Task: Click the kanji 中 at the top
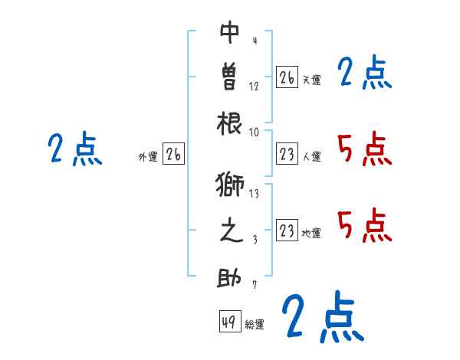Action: [x=230, y=34]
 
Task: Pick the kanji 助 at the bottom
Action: [x=230, y=278]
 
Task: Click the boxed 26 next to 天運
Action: [x=287, y=77]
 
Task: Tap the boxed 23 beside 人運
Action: [x=287, y=155]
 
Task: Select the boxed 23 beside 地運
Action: [x=287, y=231]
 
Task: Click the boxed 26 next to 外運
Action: [x=173, y=155]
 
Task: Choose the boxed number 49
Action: [x=229, y=322]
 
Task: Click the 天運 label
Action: [x=311, y=80]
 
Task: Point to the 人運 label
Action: [x=311, y=157]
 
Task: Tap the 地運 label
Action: [x=311, y=234]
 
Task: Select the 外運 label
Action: [x=148, y=157]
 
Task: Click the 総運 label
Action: [x=255, y=325]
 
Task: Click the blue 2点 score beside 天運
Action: [x=365, y=74]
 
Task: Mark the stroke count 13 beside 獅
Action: [x=254, y=195]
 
